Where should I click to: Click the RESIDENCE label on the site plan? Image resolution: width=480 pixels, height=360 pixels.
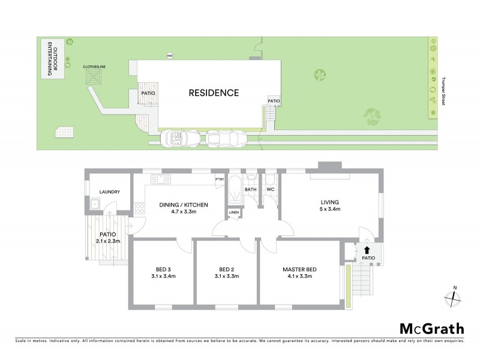click(214, 93)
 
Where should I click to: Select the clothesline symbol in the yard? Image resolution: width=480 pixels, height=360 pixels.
click(94, 76)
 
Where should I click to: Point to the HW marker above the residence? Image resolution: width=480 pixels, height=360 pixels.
click(170, 56)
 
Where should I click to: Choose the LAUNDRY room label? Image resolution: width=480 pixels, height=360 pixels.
click(110, 192)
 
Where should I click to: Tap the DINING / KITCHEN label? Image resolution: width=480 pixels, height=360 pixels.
click(184, 205)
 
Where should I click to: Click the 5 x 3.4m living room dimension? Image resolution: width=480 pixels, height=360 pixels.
click(330, 210)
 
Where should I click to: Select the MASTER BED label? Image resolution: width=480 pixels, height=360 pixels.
click(299, 269)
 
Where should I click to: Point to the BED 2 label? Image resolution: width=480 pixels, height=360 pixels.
click(226, 269)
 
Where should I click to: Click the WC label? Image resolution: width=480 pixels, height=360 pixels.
click(271, 190)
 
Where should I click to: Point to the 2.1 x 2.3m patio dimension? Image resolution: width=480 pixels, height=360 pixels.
click(109, 241)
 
